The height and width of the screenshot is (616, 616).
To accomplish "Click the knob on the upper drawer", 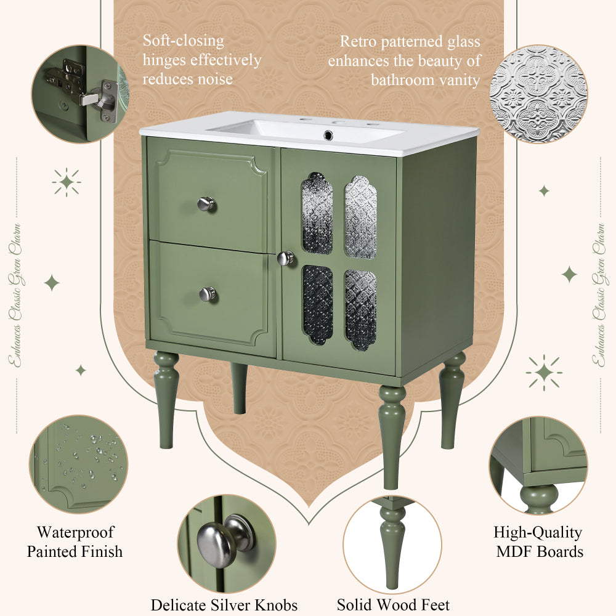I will point(206,203).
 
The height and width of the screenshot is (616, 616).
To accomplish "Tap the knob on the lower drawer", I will point(208,294).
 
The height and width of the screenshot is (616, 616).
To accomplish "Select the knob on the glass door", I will point(285,258).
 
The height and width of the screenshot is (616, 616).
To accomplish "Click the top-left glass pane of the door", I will point(317,213).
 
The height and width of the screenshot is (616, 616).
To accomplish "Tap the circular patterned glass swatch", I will point(538,94).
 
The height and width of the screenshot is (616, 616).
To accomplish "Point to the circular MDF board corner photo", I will point(538,464).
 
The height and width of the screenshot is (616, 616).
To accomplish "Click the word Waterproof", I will point(75,532).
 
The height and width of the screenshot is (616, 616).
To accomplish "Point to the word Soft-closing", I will point(184,41).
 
